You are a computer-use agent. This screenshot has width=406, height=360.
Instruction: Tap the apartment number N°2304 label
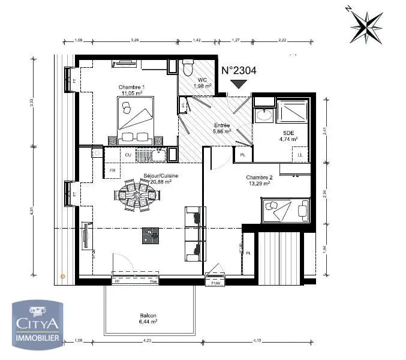[239, 70]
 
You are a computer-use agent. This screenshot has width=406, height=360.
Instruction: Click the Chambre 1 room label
[131, 87]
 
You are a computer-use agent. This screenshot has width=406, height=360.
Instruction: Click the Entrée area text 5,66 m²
[222, 131]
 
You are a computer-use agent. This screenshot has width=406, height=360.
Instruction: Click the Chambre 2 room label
[259, 178]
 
